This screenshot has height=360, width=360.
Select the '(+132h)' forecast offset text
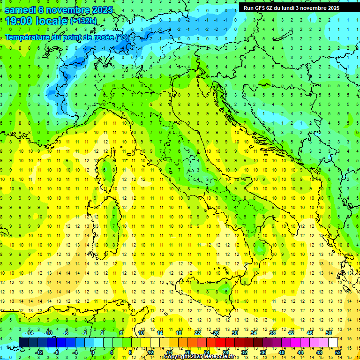click(x=83, y=21)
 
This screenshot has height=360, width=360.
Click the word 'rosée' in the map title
click(x=98, y=37)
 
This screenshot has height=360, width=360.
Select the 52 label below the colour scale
click(x=338, y=352)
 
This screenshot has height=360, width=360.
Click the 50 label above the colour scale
click(x=329, y=333)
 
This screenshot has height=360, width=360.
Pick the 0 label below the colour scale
click(x=93, y=352)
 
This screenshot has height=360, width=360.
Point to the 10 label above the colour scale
click(x=141, y=333)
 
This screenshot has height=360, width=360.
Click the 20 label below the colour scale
click(x=187, y=352)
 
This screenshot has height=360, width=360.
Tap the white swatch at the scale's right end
click(x=333, y=342)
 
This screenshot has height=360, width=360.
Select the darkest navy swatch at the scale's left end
click(x=23, y=342)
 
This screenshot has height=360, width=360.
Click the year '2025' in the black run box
click(x=331, y=8)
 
